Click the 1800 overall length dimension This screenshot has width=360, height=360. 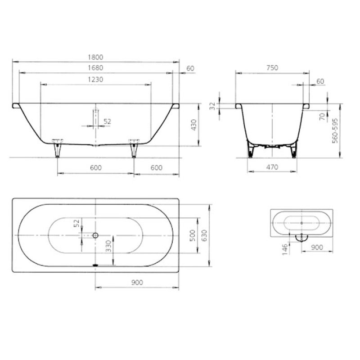click(x=96, y=57)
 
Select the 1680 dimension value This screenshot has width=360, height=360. click(x=96, y=68)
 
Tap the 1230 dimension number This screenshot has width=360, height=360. click(x=95, y=80)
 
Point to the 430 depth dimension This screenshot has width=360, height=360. click(x=194, y=125)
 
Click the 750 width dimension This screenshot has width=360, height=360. click(x=272, y=68)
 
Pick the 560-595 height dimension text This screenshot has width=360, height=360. click(x=335, y=130)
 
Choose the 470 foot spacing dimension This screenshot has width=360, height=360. click(x=272, y=167)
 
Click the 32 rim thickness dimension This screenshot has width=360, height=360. click(x=213, y=106)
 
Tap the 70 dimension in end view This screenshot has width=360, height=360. click(x=322, y=117)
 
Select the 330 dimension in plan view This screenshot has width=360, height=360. click(x=109, y=246)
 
